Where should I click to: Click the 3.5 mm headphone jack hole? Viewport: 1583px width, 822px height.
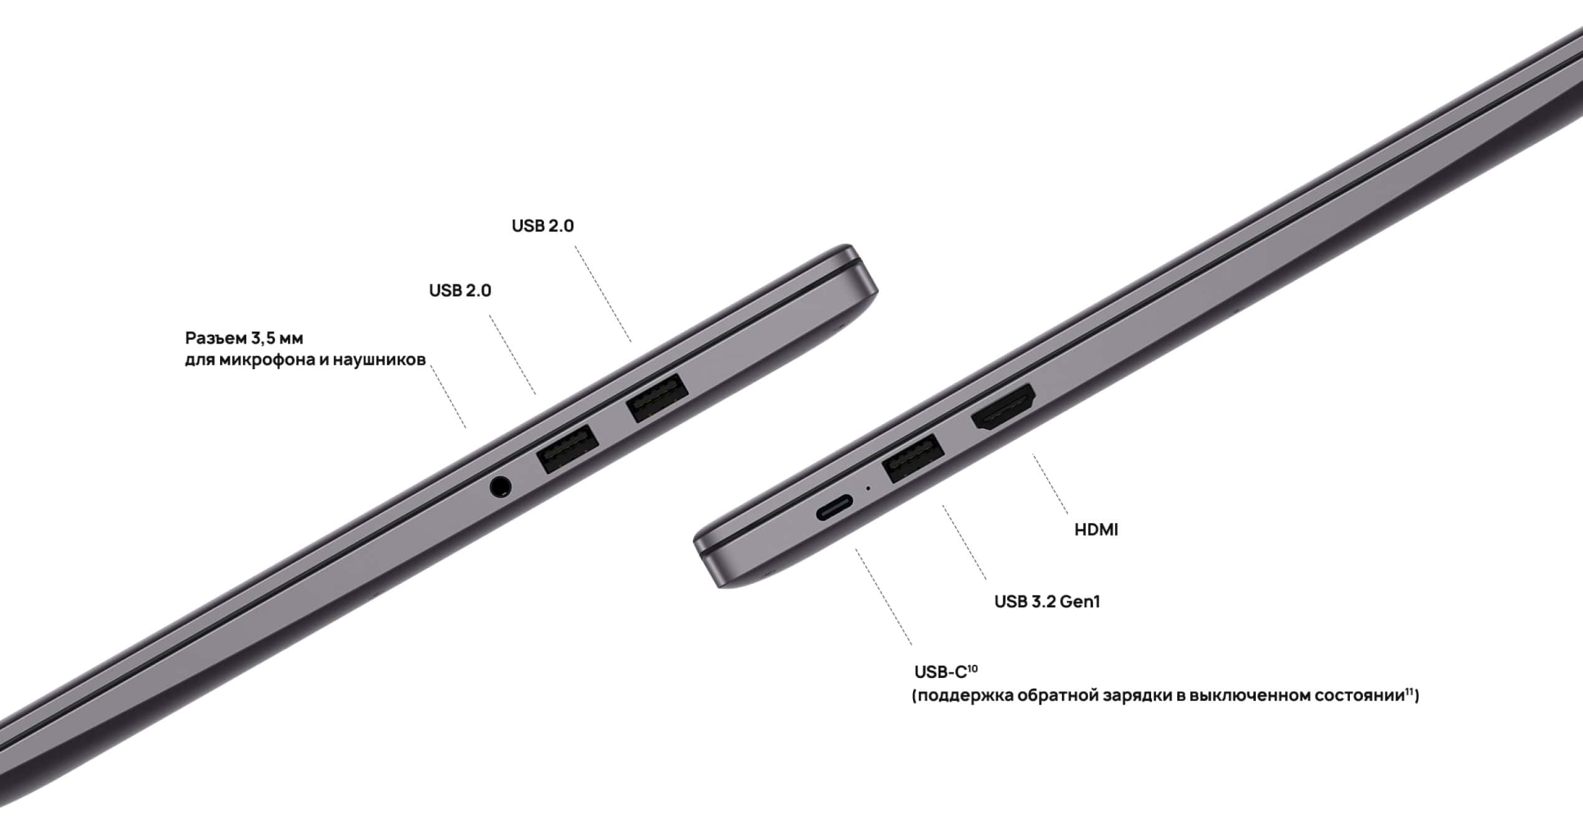tap(500, 486)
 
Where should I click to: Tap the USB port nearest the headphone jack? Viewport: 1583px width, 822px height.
tap(568, 448)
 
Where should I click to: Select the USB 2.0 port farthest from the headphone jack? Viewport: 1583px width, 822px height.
tap(658, 397)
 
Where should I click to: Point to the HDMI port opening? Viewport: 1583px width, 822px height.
tap(1003, 409)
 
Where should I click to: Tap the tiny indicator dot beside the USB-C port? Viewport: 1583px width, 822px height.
tap(868, 488)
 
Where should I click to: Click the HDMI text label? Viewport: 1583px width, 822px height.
tap(1096, 530)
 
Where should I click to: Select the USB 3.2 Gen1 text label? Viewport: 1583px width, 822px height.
tap(1047, 602)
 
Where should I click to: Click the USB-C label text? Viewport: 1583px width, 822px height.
tap(940, 672)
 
